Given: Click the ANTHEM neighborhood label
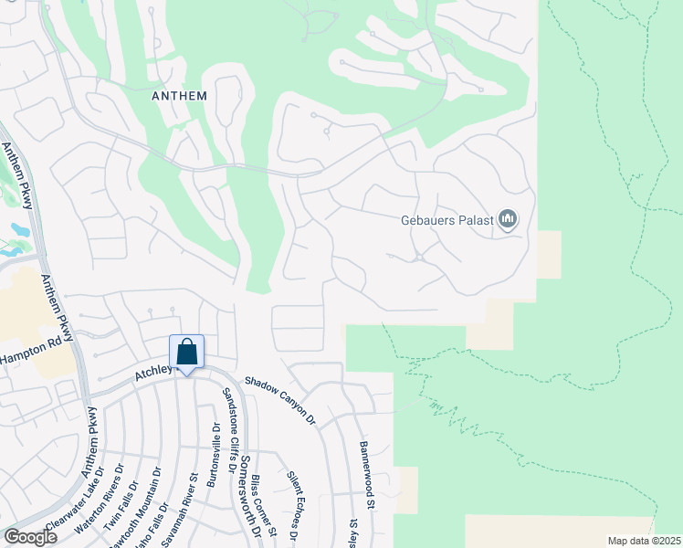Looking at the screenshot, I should pyautogui.click(x=181, y=95).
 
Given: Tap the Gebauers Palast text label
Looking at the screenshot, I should pyautogui.click(x=447, y=220).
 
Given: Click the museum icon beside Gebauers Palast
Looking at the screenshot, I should pyautogui.click(x=508, y=220).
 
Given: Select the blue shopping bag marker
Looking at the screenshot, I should pyautogui.click(x=186, y=353).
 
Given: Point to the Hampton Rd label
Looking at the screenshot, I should pyautogui.click(x=37, y=348).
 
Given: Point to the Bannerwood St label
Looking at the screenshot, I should pyautogui.click(x=367, y=475).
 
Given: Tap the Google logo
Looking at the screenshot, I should pyautogui.click(x=30, y=537).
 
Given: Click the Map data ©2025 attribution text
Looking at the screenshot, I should pyautogui.click(x=643, y=541).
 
